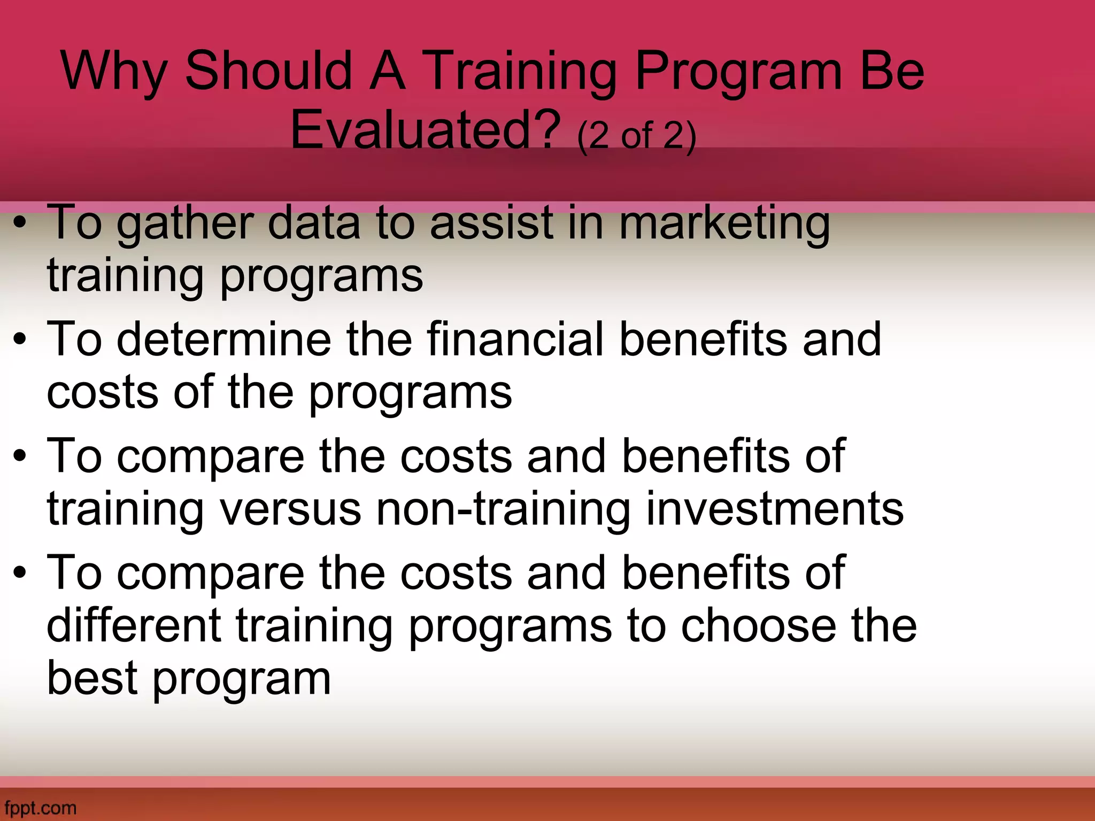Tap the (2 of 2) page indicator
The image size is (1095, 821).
(x=637, y=136)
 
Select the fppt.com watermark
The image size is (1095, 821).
(x=38, y=808)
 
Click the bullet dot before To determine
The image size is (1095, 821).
(x=20, y=340)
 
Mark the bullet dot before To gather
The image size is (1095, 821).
(x=20, y=224)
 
